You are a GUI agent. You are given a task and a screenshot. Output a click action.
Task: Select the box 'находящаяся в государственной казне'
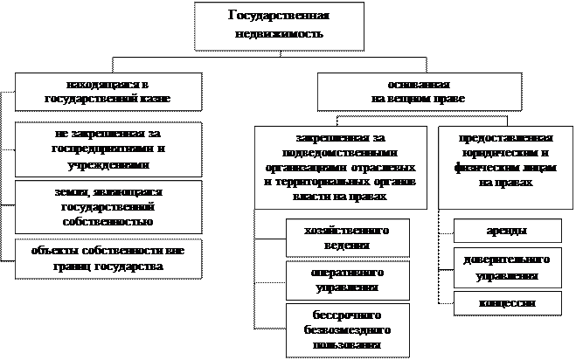(x=108, y=91)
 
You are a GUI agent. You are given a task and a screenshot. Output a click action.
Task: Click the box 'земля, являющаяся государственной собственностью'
(x=108, y=206)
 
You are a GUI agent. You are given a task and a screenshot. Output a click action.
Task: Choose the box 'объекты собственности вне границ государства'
(x=108, y=256)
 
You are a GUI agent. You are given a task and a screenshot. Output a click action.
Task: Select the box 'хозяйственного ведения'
(x=337, y=237)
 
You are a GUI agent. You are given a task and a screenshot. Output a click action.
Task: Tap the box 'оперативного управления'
(x=337, y=279)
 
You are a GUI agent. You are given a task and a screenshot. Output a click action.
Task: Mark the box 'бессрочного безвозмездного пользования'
(x=337, y=329)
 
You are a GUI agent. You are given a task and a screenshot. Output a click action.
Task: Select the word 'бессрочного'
(x=337, y=312)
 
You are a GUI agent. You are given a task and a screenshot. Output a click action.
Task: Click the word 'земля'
(x=73, y=190)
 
